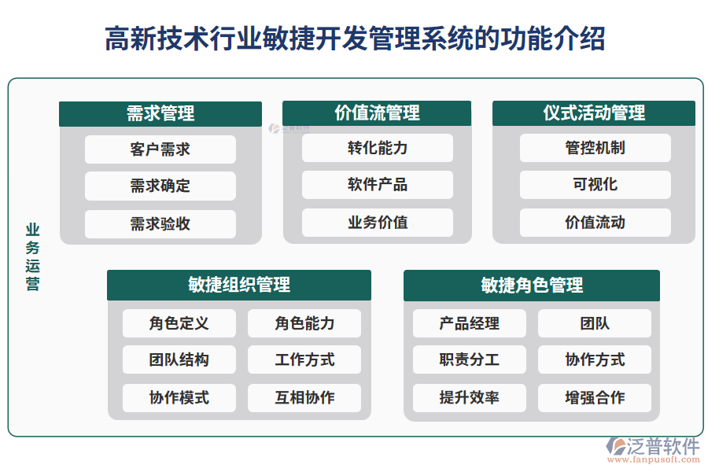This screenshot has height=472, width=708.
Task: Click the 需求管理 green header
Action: (160, 113)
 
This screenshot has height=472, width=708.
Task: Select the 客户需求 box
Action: (160, 149)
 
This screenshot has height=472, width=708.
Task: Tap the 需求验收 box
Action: (160, 223)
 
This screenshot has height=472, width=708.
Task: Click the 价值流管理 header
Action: (377, 113)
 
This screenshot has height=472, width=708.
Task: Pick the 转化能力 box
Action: (378, 148)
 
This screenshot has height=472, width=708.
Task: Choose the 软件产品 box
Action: (378, 185)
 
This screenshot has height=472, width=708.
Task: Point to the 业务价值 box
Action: (378, 223)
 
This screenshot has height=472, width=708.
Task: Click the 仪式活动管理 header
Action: (594, 113)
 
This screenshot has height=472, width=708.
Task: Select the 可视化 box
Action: (595, 185)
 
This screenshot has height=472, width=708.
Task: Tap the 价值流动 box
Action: (595, 223)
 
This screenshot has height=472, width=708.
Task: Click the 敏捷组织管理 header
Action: (239, 285)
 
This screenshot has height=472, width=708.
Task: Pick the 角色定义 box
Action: (179, 323)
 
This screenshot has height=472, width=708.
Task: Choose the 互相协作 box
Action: (304, 398)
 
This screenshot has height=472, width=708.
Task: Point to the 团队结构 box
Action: (179, 360)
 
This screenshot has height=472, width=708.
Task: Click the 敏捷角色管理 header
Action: (532, 285)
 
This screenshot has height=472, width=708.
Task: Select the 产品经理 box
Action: (470, 323)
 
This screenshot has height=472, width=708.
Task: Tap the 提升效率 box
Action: (470, 398)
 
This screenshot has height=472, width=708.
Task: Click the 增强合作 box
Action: (595, 398)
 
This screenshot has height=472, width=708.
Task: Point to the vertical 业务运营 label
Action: (32, 257)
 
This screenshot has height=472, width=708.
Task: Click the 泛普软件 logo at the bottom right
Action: (652, 449)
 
